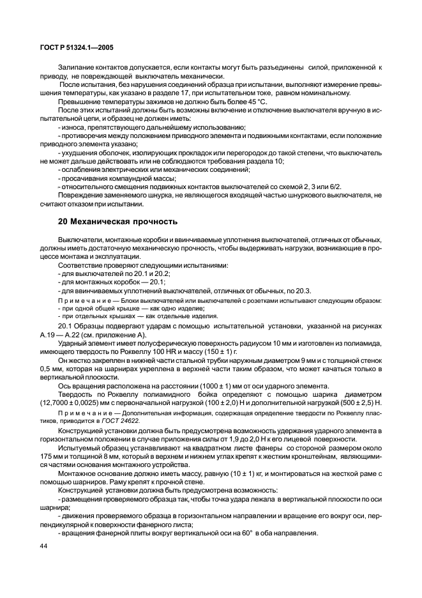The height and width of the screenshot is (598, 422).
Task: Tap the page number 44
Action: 43,546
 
